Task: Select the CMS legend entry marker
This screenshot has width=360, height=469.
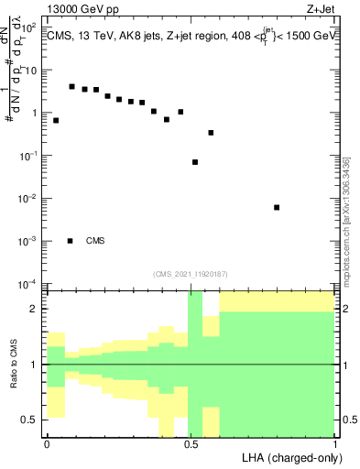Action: (x=71, y=241)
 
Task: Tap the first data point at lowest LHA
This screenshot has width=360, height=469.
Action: (x=56, y=120)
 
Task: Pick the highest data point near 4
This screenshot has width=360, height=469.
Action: (x=71, y=86)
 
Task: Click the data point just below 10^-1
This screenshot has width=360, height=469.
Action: (x=195, y=162)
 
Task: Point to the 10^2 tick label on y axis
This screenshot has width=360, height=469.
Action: (x=29, y=27)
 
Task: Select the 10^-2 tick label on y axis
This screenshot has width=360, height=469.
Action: (x=29, y=198)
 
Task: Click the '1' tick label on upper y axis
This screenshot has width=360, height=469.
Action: (x=35, y=113)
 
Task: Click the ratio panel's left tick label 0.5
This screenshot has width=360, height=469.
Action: (x=29, y=420)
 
